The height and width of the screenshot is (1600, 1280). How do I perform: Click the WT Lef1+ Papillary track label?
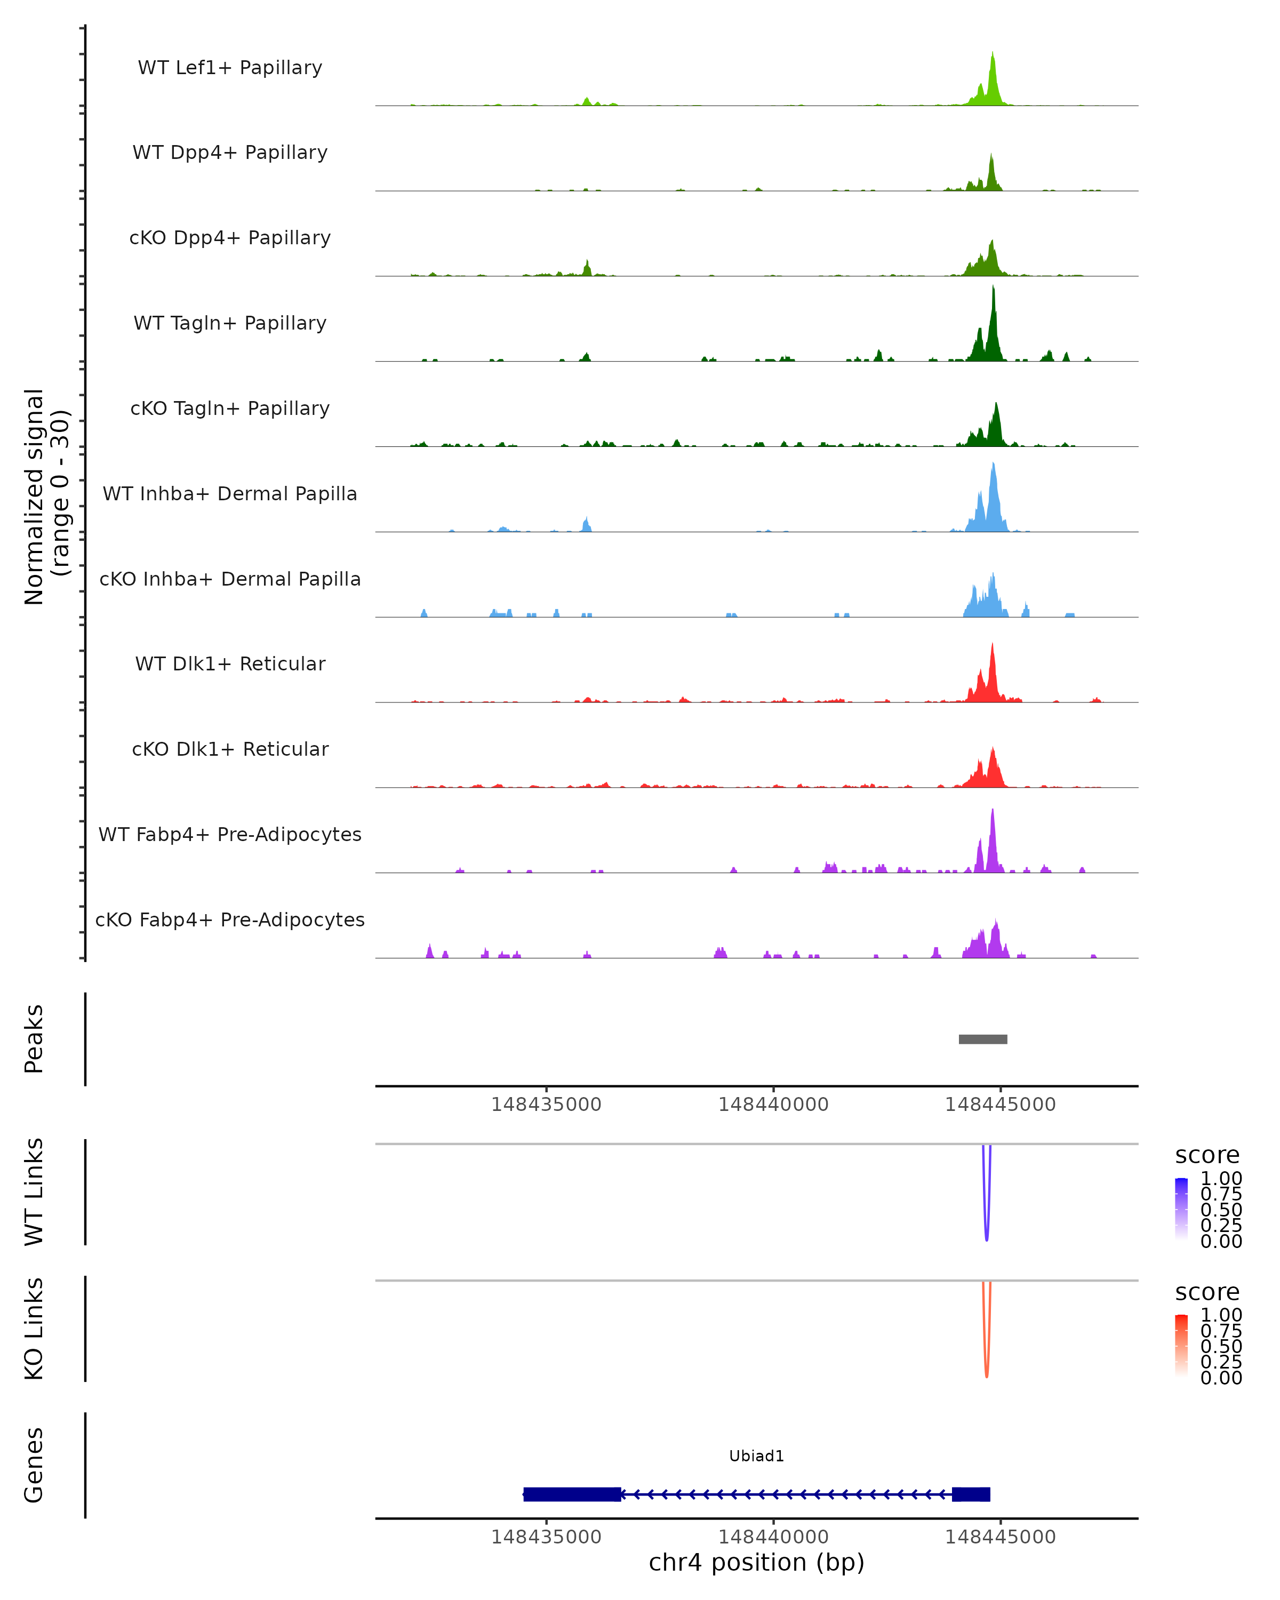point(230,68)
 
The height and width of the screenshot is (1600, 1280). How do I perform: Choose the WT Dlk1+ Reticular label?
point(230,663)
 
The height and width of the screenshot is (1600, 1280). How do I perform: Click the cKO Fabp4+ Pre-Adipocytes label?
point(230,919)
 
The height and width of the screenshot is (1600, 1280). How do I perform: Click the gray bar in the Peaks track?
point(982,1039)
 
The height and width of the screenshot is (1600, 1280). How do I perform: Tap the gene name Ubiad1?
point(756,1456)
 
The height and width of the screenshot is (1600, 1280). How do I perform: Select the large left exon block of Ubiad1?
point(571,1494)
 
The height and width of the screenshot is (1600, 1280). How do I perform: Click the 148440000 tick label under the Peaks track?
point(773,1105)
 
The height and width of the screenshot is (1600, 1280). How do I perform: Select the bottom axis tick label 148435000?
point(546,1537)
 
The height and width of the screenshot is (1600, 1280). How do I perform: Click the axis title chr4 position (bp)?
point(756,1563)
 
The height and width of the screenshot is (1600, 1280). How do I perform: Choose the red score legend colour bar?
point(1181,1346)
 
